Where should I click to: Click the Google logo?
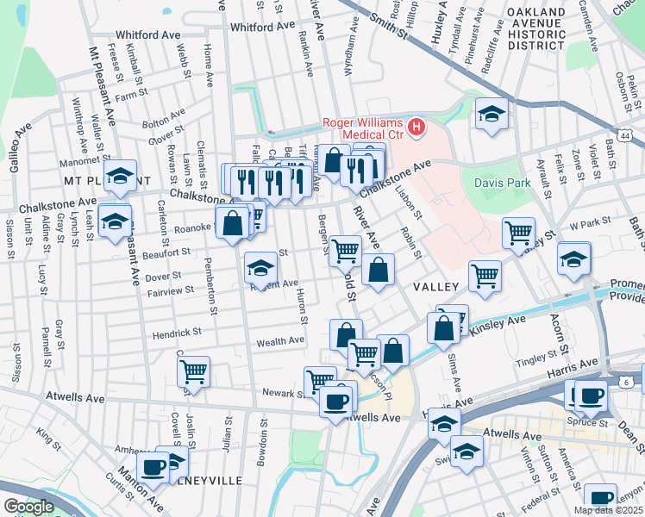pos(28,507)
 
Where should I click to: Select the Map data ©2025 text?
pos(607,510)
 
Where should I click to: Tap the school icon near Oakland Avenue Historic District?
pos(491,114)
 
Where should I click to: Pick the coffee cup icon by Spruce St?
pos(591,396)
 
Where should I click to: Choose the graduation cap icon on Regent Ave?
pos(260,268)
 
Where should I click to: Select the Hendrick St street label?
pos(177,332)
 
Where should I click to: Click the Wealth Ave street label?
pos(281,341)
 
